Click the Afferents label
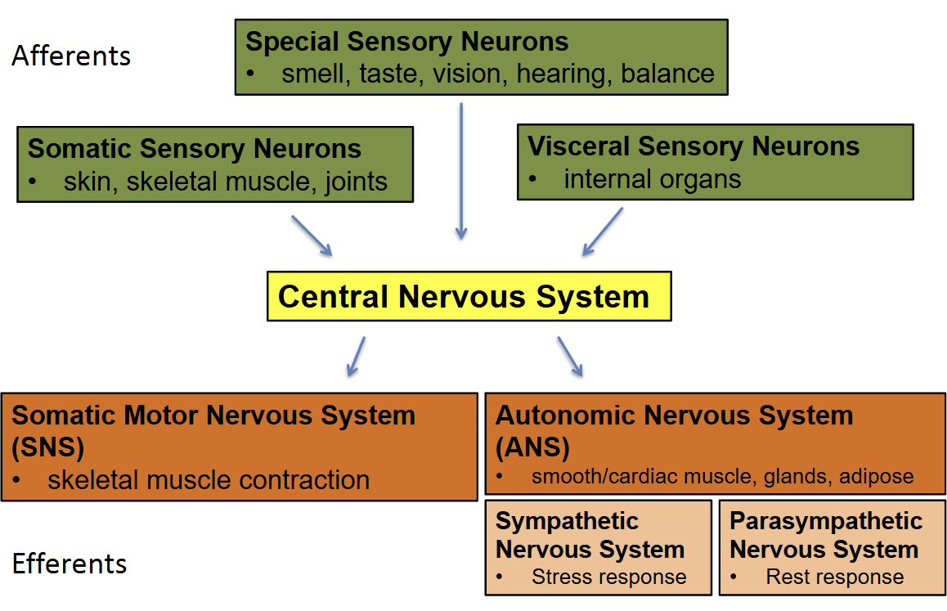(71, 56)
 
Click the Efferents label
(70, 564)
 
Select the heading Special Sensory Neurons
(406, 42)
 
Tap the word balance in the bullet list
(667, 74)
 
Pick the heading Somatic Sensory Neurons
(195, 149)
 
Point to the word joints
(356, 181)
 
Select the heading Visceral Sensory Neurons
(693, 146)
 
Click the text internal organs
(652, 179)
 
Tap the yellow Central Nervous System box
(469, 296)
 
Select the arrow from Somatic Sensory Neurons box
(312, 236)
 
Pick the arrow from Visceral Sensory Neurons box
(603, 231)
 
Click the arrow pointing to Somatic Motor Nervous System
(356, 356)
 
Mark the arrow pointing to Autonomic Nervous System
(570, 356)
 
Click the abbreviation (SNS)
(48, 447)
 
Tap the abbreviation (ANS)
(532, 447)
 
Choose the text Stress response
(608, 577)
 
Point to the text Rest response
(834, 577)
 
